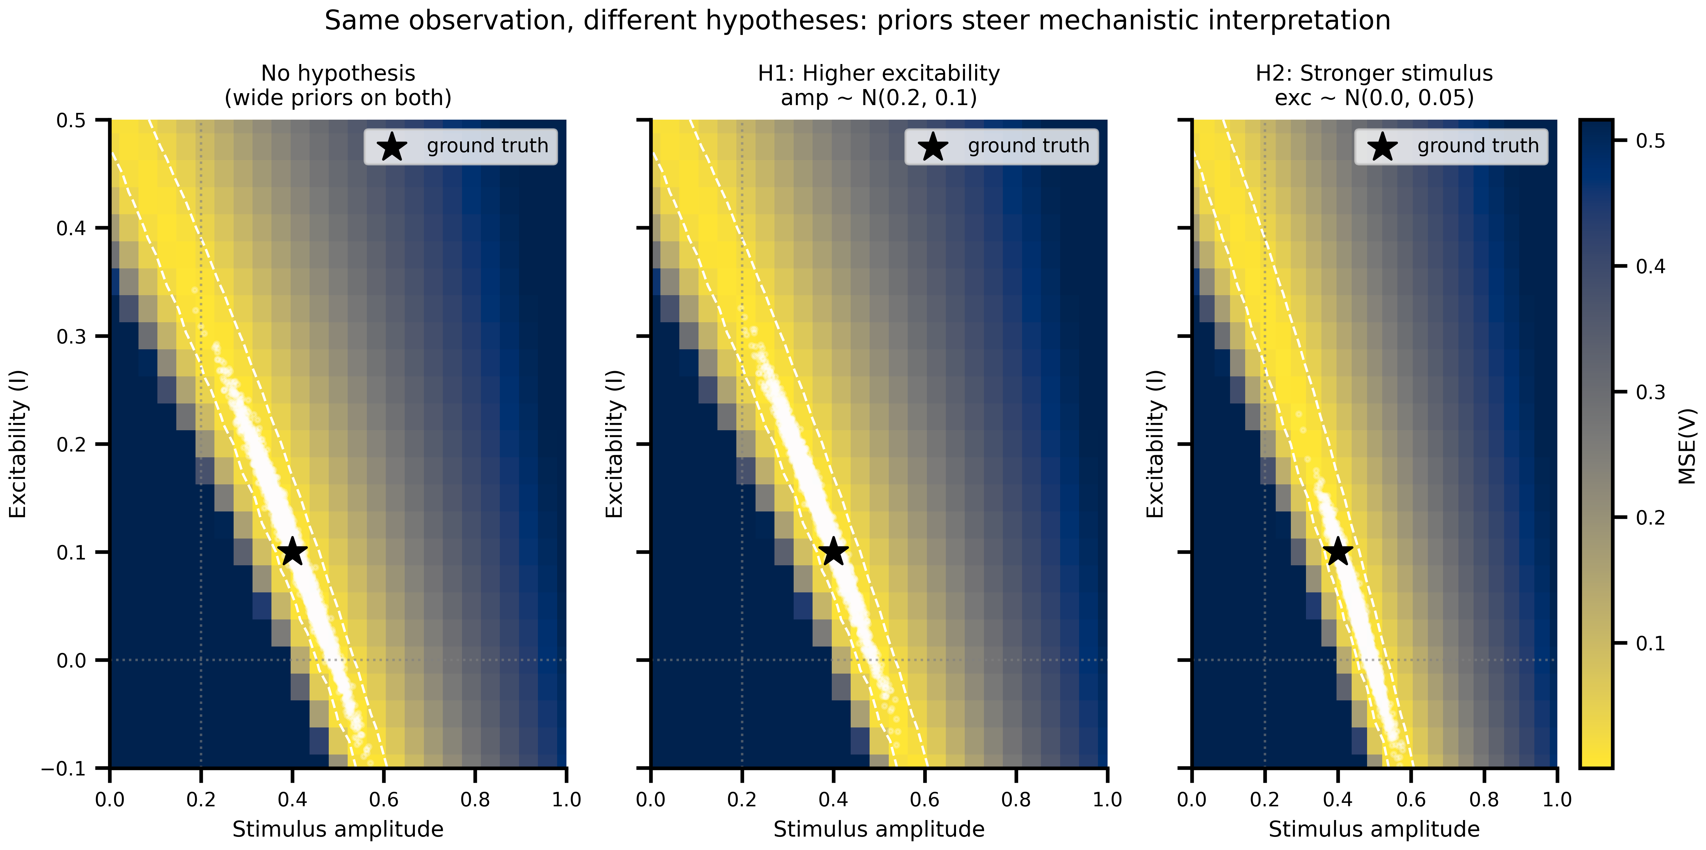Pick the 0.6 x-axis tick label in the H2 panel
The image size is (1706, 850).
tap(1411, 800)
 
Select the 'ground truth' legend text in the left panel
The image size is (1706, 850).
tap(487, 146)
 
